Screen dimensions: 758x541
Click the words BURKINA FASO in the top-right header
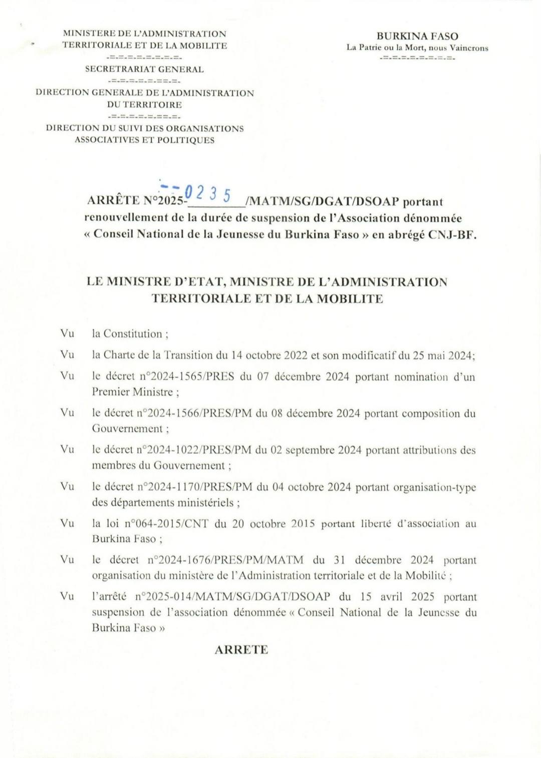click(417, 36)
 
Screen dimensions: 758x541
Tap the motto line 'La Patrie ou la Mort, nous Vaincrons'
click(417, 48)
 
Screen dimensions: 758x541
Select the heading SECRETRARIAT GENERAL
click(144, 70)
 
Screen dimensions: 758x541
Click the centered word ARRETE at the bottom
click(241, 650)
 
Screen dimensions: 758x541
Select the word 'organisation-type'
click(441, 487)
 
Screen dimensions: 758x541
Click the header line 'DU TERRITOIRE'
click(144, 105)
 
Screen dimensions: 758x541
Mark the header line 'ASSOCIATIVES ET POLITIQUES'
click(144, 140)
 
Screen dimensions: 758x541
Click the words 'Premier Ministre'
click(133, 392)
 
